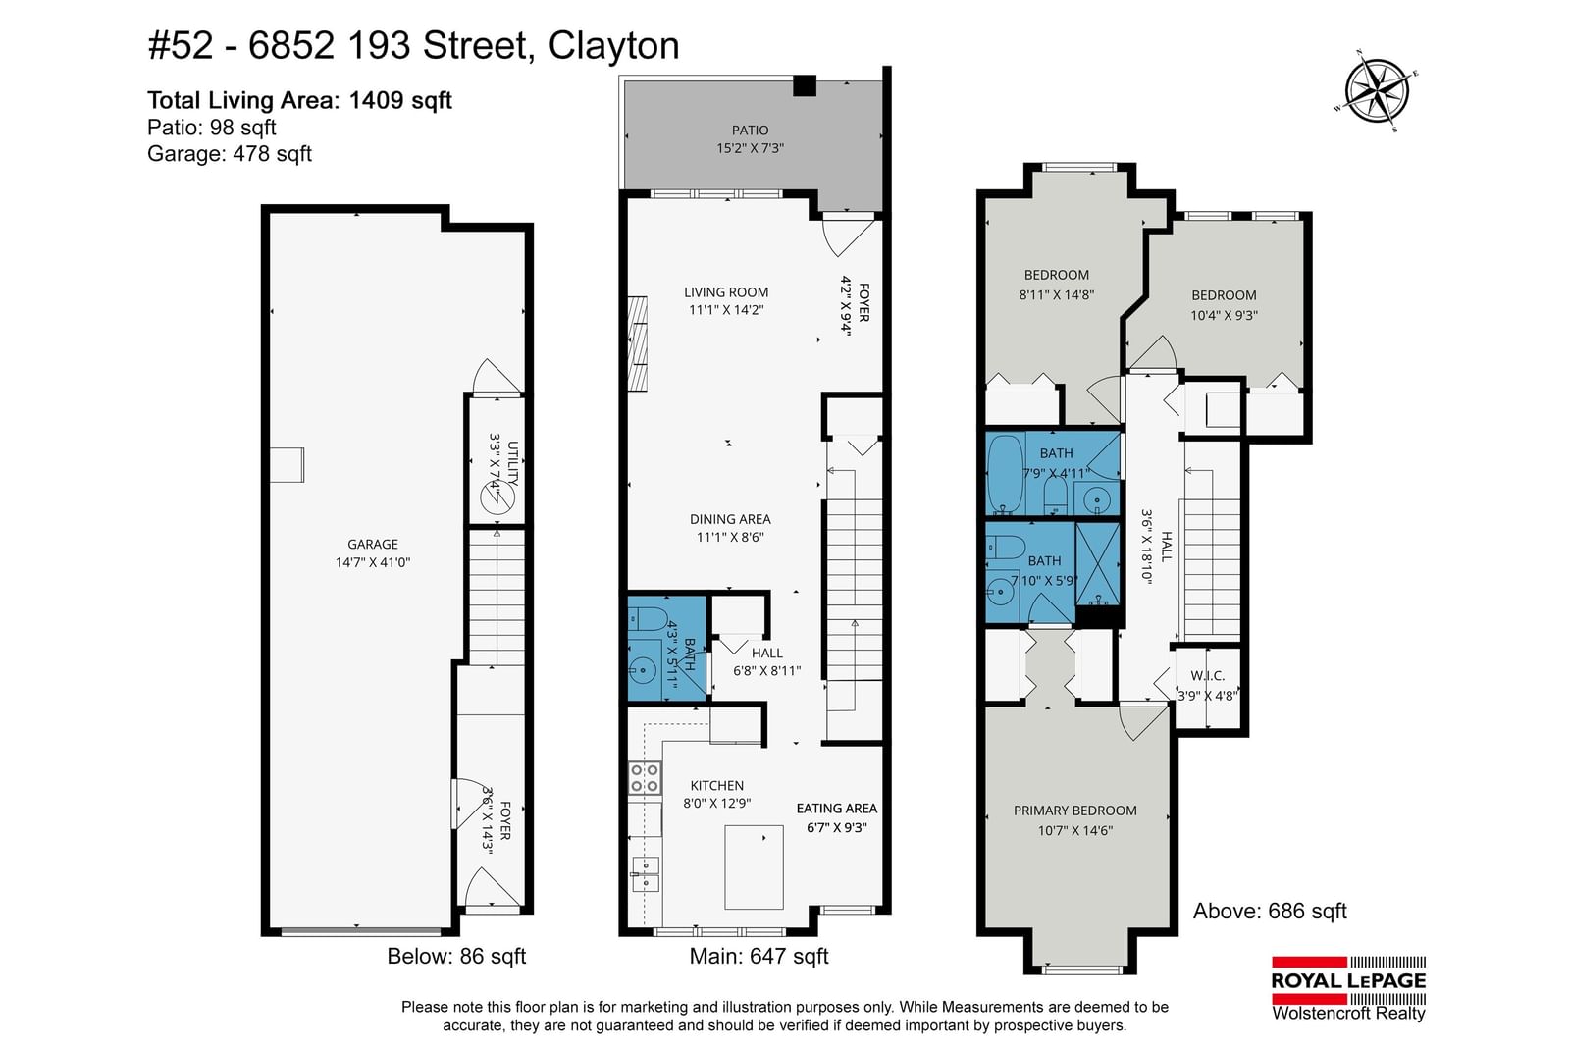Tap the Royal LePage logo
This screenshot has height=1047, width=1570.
click(x=1348, y=988)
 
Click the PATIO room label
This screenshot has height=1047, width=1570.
click(x=750, y=131)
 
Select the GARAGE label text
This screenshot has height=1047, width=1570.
click(x=373, y=544)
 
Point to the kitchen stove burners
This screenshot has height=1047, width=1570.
click(x=644, y=778)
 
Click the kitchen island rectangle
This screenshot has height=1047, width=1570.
click(x=754, y=866)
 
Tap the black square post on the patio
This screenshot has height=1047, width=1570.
click(x=805, y=85)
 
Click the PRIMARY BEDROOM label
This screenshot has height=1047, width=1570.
click(x=1075, y=811)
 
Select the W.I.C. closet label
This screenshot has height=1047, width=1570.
click(x=1208, y=675)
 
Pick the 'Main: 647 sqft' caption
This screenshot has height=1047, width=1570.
click(x=759, y=956)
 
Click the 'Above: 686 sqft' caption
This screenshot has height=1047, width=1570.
click(x=1270, y=911)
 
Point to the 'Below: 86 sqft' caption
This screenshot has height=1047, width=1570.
click(x=456, y=956)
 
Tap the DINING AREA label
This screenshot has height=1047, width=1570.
click(x=730, y=519)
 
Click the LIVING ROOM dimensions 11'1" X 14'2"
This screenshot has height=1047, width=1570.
click(x=726, y=310)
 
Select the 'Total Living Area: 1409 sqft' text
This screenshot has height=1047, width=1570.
click(x=299, y=100)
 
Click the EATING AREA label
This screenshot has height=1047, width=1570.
click(x=837, y=808)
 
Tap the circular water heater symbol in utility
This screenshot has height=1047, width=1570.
click(x=497, y=498)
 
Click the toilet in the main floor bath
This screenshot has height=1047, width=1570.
click(x=648, y=619)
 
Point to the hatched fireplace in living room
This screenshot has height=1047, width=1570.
click(x=637, y=343)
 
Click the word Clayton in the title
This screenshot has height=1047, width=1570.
click(x=613, y=46)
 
